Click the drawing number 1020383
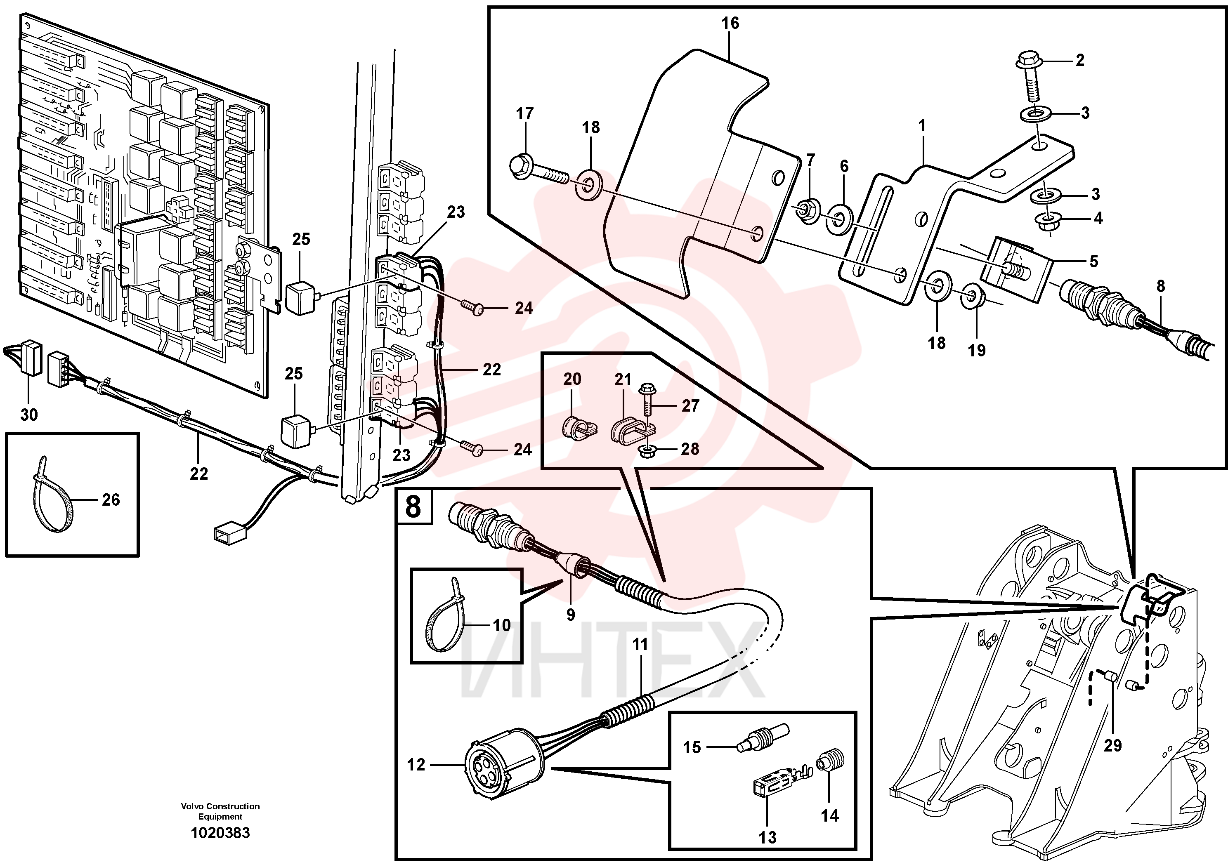point(220,833)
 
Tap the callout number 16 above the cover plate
point(730,23)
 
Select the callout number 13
point(767,837)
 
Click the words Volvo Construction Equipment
point(220,811)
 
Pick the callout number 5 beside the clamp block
point(1094,262)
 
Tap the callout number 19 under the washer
point(977,350)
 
